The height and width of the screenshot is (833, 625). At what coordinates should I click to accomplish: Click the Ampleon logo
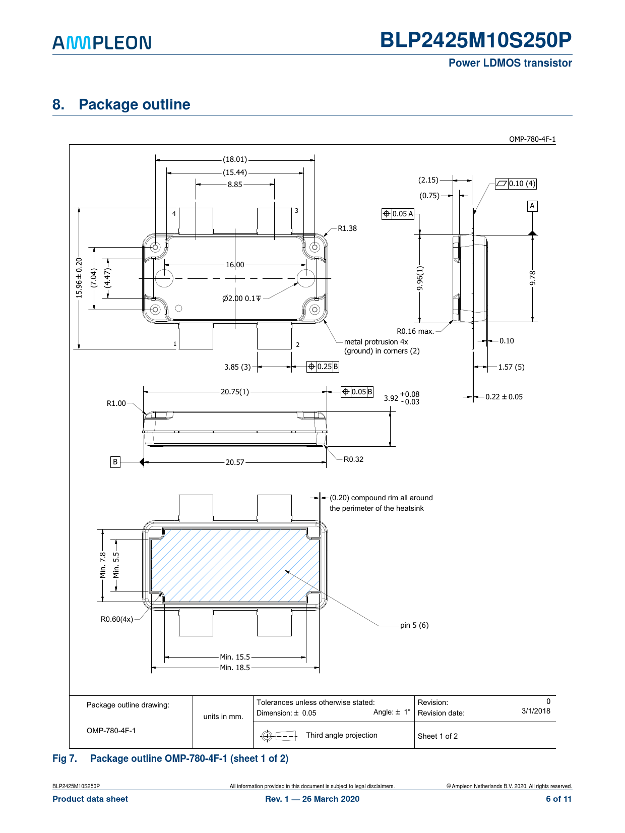tap(102, 42)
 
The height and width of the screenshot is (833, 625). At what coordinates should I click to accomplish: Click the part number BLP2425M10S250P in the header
tap(476, 40)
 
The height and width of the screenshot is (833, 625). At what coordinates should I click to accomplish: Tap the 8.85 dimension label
tap(235, 185)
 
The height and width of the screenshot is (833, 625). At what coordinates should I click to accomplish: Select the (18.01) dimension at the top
tap(235, 159)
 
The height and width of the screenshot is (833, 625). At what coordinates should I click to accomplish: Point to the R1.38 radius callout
tap(347, 228)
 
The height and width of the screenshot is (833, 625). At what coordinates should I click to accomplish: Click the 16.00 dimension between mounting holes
tap(235, 265)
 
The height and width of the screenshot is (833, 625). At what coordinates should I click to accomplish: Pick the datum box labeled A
tap(532, 206)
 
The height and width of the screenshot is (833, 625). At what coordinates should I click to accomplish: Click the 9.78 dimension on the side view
tap(532, 278)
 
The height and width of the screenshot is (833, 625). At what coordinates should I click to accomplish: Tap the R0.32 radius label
tap(353, 459)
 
